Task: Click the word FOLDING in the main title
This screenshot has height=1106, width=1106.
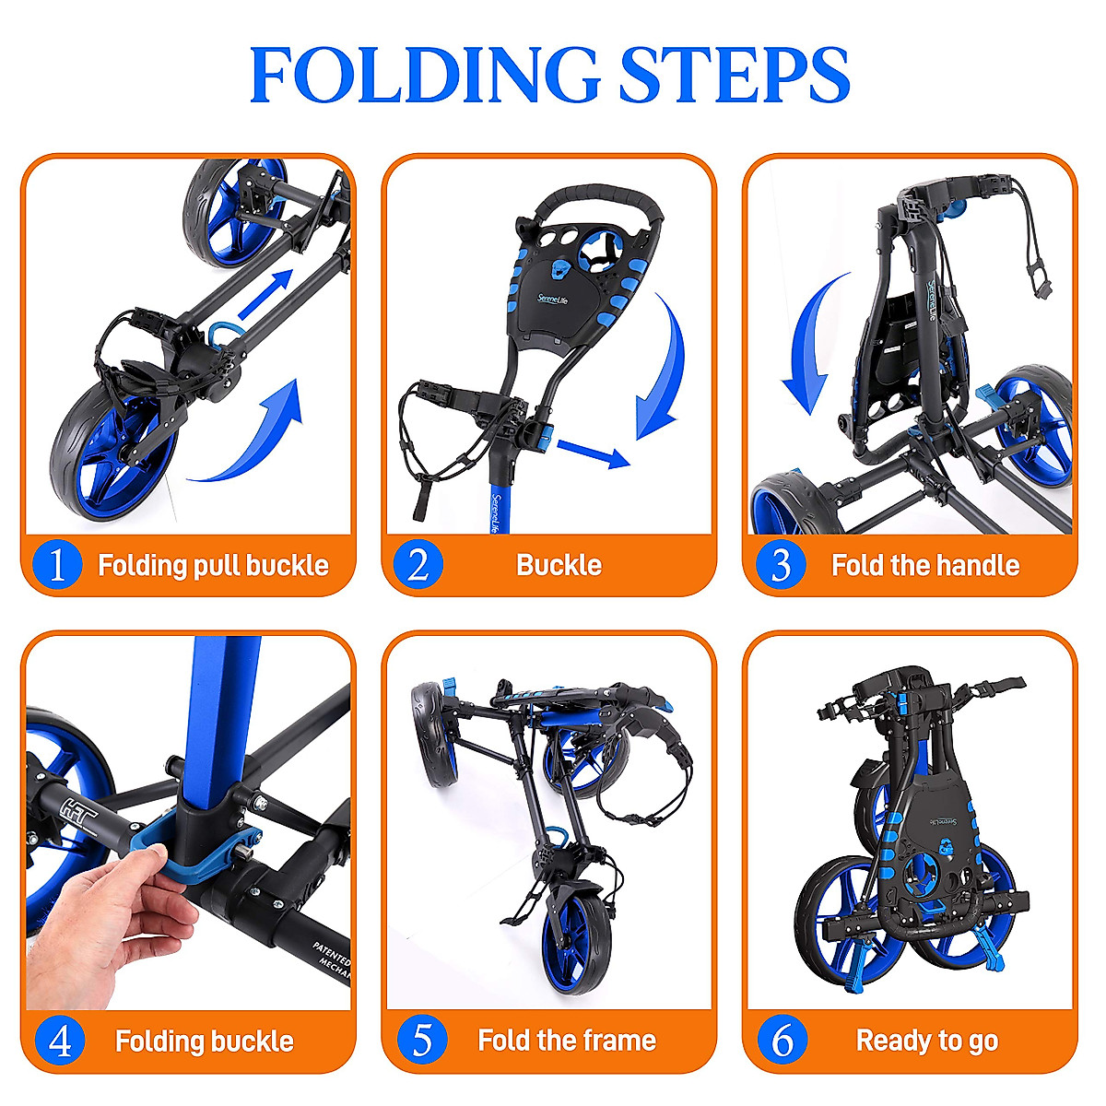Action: pos(423,75)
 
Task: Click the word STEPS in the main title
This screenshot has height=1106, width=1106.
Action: pos(733,75)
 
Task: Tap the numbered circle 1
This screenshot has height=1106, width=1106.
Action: pos(57,564)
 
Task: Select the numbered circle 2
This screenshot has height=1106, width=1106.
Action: pos(418,564)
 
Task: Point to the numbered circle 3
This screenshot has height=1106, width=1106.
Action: pos(781,564)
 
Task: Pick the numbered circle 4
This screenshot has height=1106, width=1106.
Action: pos(59,1041)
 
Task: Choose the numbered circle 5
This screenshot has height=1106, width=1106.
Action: pos(421,1041)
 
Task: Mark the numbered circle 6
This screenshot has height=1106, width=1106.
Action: pos(782,1041)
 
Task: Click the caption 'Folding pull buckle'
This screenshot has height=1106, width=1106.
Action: pos(213,565)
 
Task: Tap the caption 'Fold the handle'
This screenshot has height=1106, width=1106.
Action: pos(925,565)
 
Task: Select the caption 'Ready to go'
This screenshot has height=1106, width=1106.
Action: pos(926,1041)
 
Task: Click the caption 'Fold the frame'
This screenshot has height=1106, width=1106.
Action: pos(567,1041)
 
